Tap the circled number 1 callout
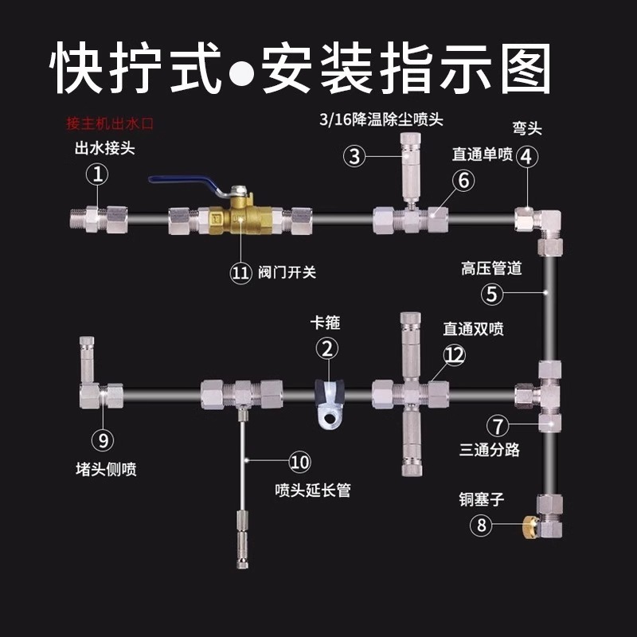(x=97, y=174)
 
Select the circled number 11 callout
(x=240, y=273)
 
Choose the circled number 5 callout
(x=493, y=295)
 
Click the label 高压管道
(x=492, y=268)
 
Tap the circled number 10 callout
(x=299, y=461)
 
